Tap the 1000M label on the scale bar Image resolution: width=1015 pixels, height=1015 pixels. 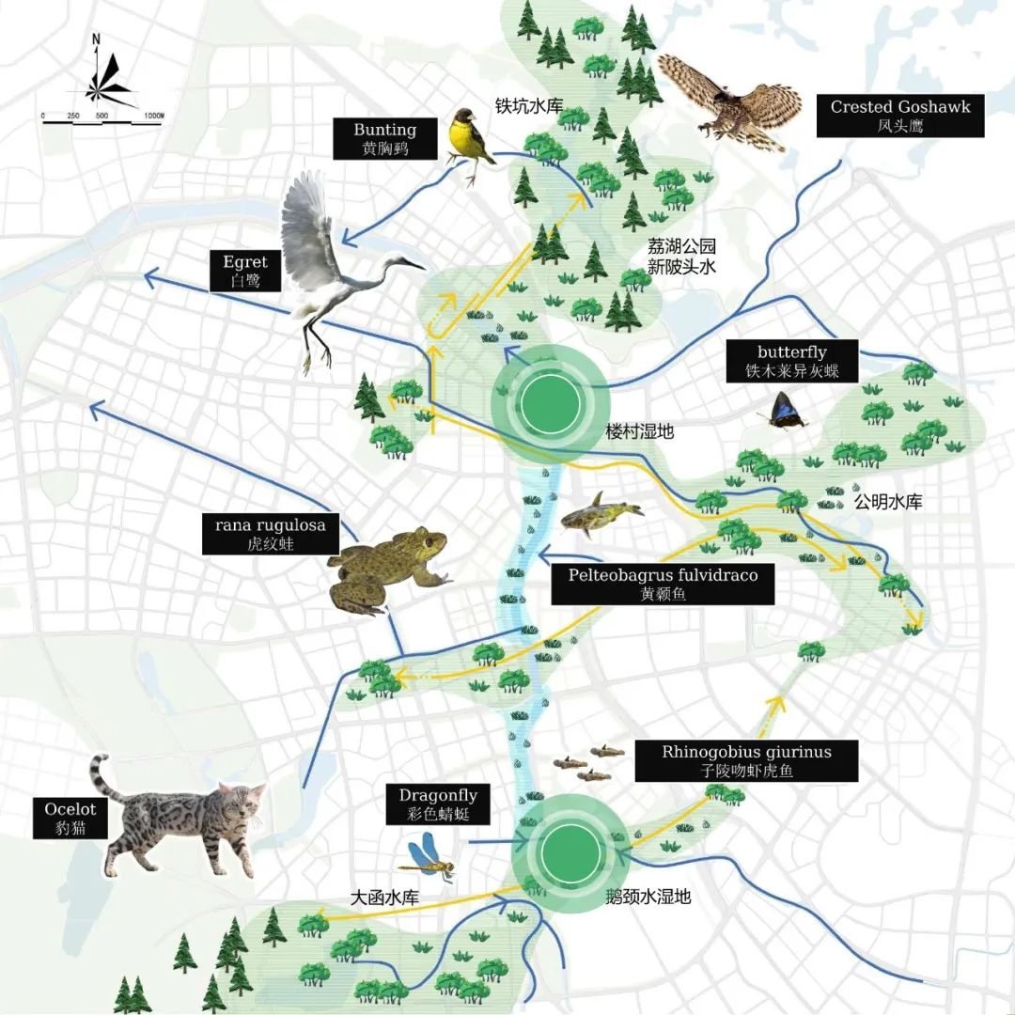tap(154, 116)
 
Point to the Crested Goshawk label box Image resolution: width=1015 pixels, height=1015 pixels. tap(899, 115)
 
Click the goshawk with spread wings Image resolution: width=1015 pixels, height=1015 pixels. tap(728, 99)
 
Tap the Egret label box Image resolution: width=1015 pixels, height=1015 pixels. tap(245, 271)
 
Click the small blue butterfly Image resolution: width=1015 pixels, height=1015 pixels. tap(786, 411)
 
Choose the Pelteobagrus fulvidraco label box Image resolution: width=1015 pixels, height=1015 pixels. tap(663, 584)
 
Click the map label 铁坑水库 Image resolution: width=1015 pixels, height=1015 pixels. tap(529, 106)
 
